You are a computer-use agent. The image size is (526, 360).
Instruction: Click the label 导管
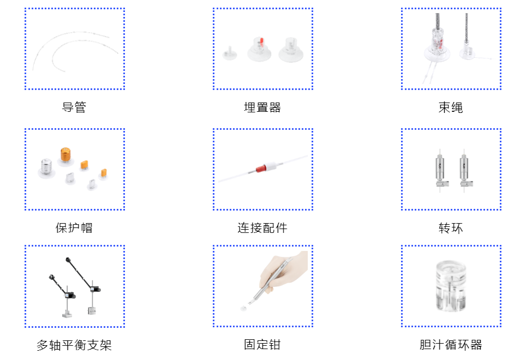click(x=74, y=107)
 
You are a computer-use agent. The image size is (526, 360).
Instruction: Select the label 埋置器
click(x=262, y=107)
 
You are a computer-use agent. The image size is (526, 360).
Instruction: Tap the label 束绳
click(x=451, y=107)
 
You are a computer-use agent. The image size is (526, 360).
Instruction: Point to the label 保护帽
click(x=74, y=227)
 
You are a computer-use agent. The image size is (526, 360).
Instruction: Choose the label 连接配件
click(x=262, y=227)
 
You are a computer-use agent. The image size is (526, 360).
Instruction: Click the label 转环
click(x=451, y=227)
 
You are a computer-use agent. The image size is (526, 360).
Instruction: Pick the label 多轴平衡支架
click(x=74, y=345)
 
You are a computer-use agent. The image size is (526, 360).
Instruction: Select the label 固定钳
click(x=262, y=345)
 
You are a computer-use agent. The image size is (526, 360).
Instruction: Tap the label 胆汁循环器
click(x=451, y=345)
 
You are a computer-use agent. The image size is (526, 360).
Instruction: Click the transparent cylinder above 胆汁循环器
click(x=451, y=286)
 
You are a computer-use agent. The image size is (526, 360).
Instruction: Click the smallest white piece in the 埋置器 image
click(x=229, y=54)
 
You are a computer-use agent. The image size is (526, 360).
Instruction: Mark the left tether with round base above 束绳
click(x=438, y=46)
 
